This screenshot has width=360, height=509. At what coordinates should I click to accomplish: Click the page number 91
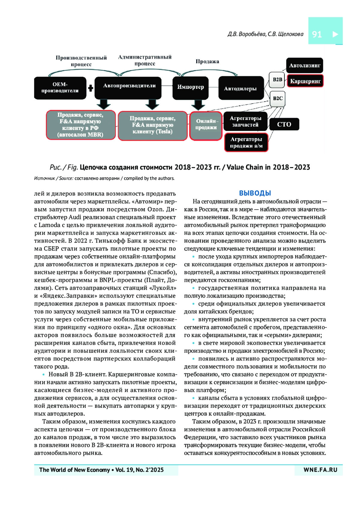(x=317, y=34)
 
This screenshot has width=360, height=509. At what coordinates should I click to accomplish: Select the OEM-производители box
(x=60, y=88)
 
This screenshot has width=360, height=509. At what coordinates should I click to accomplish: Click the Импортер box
(x=190, y=88)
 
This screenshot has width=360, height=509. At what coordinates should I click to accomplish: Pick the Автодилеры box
(x=241, y=88)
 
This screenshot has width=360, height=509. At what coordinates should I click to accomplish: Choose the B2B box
(x=277, y=80)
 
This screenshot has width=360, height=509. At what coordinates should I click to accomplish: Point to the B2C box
(x=277, y=98)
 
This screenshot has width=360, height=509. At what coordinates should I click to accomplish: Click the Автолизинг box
(x=304, y=65)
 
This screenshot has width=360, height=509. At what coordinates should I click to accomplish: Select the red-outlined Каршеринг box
(x=305, y=81)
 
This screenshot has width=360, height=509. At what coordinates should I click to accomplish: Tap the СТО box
(x=284, y=124)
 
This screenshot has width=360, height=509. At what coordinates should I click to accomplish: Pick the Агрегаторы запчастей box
(x=246, y=121)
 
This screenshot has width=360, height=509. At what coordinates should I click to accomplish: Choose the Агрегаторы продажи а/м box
(x=246, y=142)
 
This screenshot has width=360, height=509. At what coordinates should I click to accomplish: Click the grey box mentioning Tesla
(x=152, y=125)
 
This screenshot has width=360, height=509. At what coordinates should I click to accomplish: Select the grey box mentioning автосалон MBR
(x=81, y=125)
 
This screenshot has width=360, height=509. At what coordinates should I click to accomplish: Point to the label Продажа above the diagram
(x=207, y=61)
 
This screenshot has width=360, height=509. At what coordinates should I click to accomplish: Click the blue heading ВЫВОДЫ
(x=255, y=193)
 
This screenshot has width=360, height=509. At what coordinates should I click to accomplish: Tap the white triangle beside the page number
(x=335, y=34)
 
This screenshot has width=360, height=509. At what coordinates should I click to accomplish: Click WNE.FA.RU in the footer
(x=320, y=470)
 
